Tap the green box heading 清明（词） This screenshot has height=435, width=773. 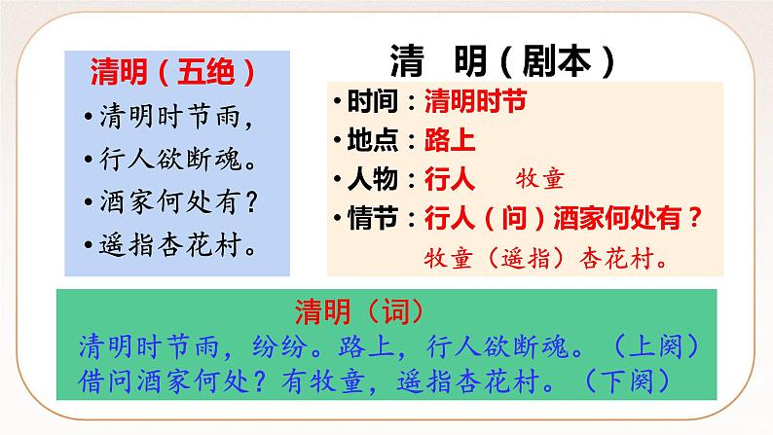358,310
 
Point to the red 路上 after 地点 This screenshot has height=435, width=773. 450,140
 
